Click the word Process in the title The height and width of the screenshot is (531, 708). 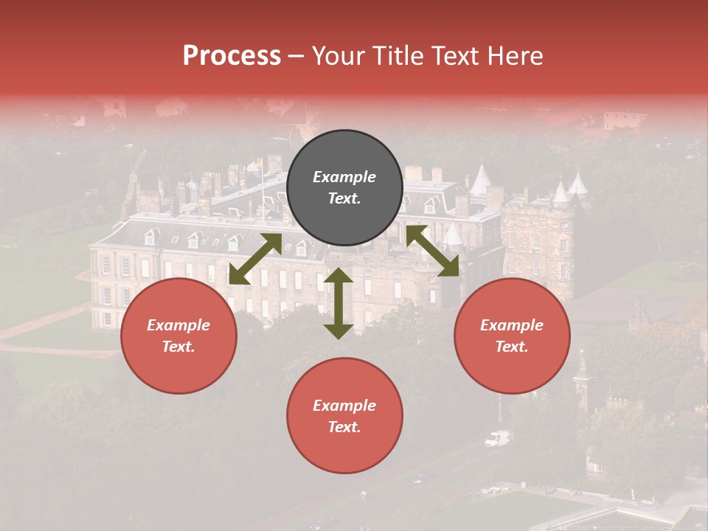(232, 56)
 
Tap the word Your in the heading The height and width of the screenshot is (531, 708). (339, 56)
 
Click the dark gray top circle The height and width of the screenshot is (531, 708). (344, 188)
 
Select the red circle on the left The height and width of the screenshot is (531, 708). (178, 336)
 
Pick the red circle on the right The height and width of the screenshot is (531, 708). (512, 336)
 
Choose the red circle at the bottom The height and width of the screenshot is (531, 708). (344, 416)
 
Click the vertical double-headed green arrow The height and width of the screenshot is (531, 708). (339, 303)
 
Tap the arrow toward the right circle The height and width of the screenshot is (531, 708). (432, 251)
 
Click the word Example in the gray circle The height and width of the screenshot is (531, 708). (344, 177)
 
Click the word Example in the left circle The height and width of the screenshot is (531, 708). (178, 325)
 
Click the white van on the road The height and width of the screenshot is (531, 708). (497, 439)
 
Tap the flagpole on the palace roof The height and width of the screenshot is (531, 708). (261, 188)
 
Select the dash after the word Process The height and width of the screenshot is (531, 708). (296, 57)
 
